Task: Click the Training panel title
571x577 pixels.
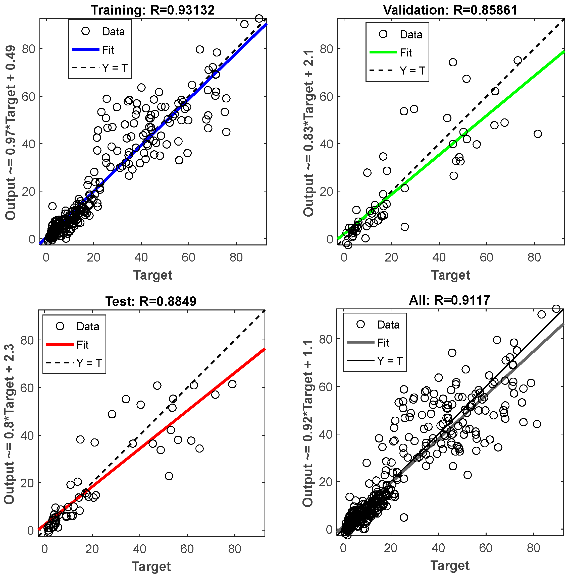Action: coord(152,10)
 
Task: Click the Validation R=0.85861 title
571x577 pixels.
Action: coord(450,10)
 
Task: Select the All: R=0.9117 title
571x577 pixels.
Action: coord(449,300)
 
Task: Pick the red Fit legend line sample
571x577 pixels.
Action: coord(60,344)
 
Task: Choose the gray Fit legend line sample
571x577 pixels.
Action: coord(360,342)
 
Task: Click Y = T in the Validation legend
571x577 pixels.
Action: coord(412,71)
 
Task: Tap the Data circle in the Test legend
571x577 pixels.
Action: coord(60,326)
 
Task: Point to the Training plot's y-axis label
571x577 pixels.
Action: coord(11,133)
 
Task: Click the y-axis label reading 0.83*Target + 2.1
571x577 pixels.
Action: coord(308,133)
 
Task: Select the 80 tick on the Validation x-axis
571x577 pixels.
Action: coord(534,257)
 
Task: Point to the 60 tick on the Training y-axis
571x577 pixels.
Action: coord(28,96)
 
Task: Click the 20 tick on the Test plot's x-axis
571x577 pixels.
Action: coord(92,549)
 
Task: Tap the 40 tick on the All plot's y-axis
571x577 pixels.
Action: coord(326,434)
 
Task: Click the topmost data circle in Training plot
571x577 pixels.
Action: coord(259,19)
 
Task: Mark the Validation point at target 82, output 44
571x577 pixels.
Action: coord(538,134)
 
